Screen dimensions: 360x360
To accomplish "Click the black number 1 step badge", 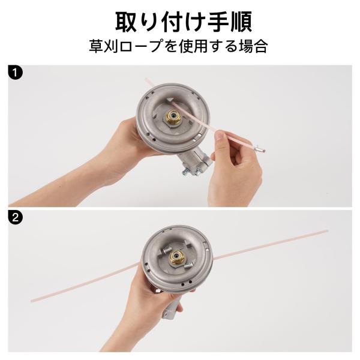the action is [16, 73].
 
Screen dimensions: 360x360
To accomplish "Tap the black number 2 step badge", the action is [16, 217].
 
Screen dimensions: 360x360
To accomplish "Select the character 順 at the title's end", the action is [241, 22].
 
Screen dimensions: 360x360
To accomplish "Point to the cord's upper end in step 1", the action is [146, 79].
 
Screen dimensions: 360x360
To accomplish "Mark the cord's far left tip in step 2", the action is [32, 301].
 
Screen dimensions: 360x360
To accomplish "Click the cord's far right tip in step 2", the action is [327, 230].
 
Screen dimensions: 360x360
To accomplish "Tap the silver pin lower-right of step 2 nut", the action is [188, 266].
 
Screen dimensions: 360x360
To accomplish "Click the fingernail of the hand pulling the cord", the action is [220, 136].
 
